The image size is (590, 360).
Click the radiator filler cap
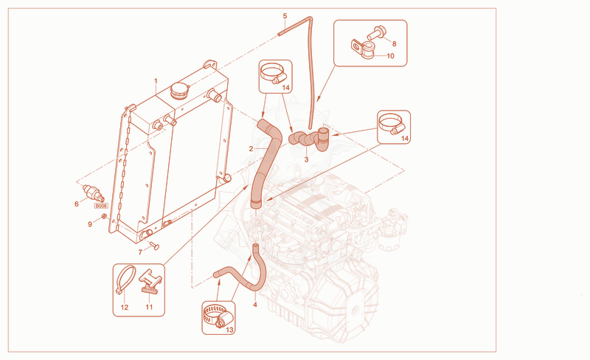pyautogui.click(x=180, y=91)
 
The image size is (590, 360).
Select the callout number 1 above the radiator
pyautogui.click(x=156, y=81)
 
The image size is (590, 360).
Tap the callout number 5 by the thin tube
pyautogui.click(x=285, y=15)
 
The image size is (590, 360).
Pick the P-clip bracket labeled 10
pyautogui.click(x=363, y=49)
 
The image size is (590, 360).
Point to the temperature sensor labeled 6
pyautogui.click(x=93, y=192)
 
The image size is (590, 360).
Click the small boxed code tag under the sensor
pyautogui.click(x=101, y=206)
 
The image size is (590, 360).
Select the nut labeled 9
pyautogui.click(x=104, y=216)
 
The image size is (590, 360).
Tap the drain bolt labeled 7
pyautogui.click(x=154, y=246)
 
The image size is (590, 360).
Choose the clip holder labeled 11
pyautogui.click(x=150, y=281)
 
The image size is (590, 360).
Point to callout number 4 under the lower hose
pyautogui.click(x=255, y=305)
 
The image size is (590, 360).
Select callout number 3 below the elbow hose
pyautogui.click(x=306, y=159)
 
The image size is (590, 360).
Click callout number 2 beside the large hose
pyautogui.click(x=251, y=149)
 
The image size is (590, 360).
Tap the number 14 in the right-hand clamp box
pyautogui.click(x=405, y=138)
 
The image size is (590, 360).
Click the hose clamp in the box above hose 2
pyautogui.click(x=272, y=73)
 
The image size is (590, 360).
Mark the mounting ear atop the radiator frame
pyautogui.click(x=210, y=65)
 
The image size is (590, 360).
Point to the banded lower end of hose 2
pyautogui.click(x=256, y=204)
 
